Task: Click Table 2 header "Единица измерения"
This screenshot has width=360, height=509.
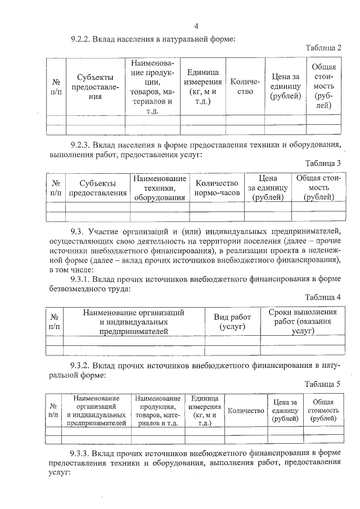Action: click(203, 87)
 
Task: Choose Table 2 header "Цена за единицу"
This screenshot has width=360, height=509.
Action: click(285, 87)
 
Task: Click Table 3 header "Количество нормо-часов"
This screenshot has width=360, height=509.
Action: click(217, 188)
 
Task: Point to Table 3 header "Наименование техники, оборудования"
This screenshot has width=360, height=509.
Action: click(160, 188)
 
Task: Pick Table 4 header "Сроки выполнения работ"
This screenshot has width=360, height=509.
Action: click(302, 321)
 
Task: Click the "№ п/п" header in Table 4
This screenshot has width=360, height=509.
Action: click(54, 321)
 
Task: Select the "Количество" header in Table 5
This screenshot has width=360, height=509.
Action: click(245, 411)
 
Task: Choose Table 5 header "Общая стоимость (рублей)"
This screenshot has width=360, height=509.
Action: click(323, 411)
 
